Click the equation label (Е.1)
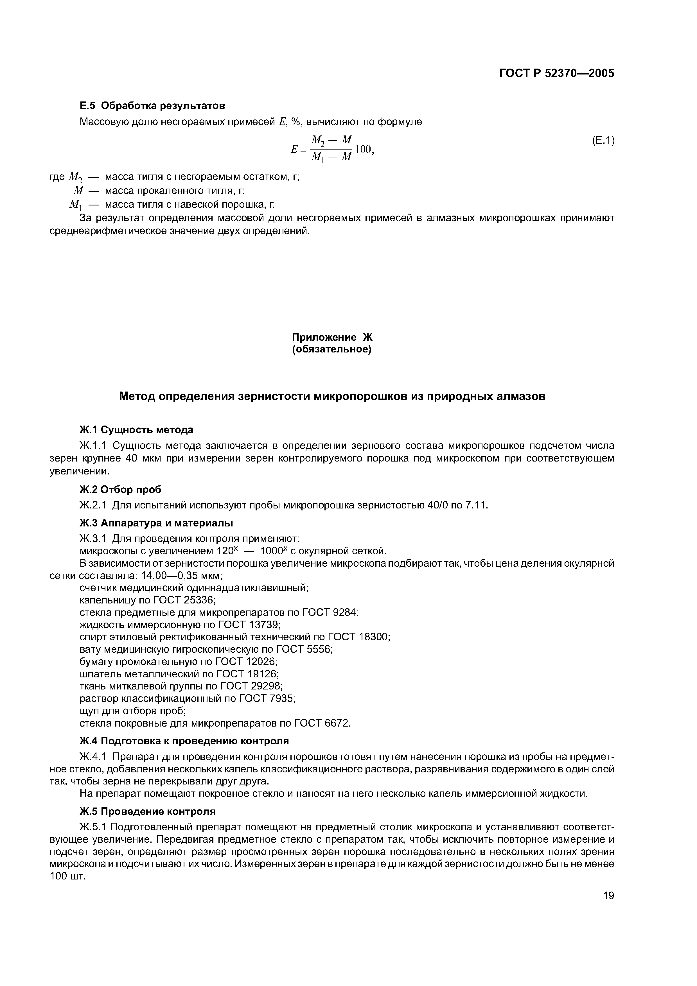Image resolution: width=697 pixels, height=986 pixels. click(603, 141)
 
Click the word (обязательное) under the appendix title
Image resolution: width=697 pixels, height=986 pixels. click(331, 350)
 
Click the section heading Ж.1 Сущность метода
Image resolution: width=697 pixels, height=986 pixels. click(137, 429)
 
